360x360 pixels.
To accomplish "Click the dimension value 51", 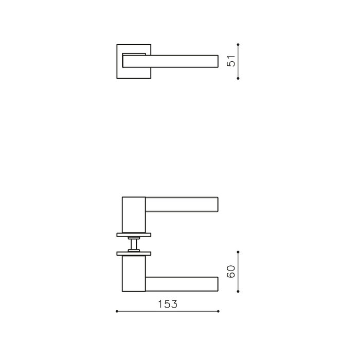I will [x=231, y=61].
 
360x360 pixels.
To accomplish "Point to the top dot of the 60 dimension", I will [x=238, y=251].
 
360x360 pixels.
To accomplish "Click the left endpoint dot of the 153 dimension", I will [x=117, y=312].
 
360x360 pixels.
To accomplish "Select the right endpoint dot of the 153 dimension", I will [x=220, y=312].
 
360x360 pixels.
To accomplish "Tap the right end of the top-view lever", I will [x=216, y=61].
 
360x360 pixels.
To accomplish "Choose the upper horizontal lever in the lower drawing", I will [x=183, y=204].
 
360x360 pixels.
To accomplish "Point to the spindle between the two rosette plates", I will [x=134, y=244].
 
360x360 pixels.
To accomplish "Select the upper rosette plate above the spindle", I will [x=134, y=235].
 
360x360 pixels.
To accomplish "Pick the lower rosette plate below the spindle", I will [x=134, y=254].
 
